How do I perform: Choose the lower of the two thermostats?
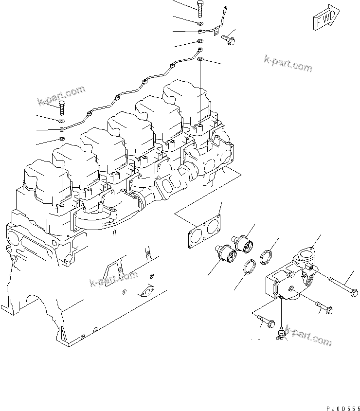(225, 253)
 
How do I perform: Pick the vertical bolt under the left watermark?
(62, 107)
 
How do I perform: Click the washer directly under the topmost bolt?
(200, 23)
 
